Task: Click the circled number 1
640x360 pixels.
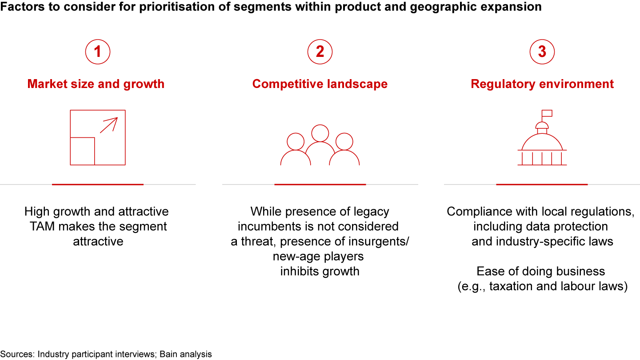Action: coord(98,52)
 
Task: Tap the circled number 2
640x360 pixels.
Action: coord(320,52)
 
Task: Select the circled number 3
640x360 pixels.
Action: coord(542,52)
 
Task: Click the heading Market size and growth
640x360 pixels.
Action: coord(96,84)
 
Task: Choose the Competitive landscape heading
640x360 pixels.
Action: coord(320,84)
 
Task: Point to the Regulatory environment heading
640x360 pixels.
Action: coord(542,84)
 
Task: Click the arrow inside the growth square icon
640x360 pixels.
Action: coord(109,125)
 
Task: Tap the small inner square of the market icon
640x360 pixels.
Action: coord(82,151)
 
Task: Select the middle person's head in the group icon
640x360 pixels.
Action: coord(320,133)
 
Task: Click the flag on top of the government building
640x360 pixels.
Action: coord(547,113)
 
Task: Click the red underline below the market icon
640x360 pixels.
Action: coord(98,184)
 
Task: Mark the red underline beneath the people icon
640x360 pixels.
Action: coord(320,184)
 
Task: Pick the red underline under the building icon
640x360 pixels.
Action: coord(542,184)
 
